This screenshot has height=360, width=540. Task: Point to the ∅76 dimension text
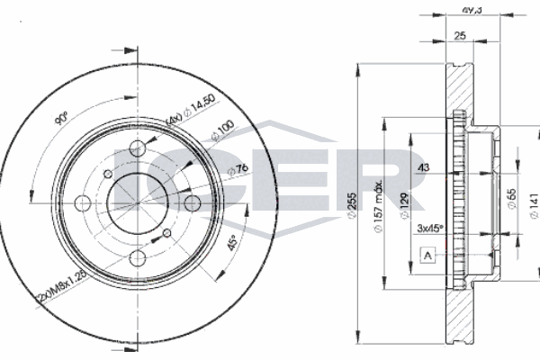tap(238, 170)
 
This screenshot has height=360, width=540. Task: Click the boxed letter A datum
tap(427, 257)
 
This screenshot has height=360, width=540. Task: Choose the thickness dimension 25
tap(460, 37)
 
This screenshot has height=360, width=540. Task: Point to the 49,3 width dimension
tap(468, 11)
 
